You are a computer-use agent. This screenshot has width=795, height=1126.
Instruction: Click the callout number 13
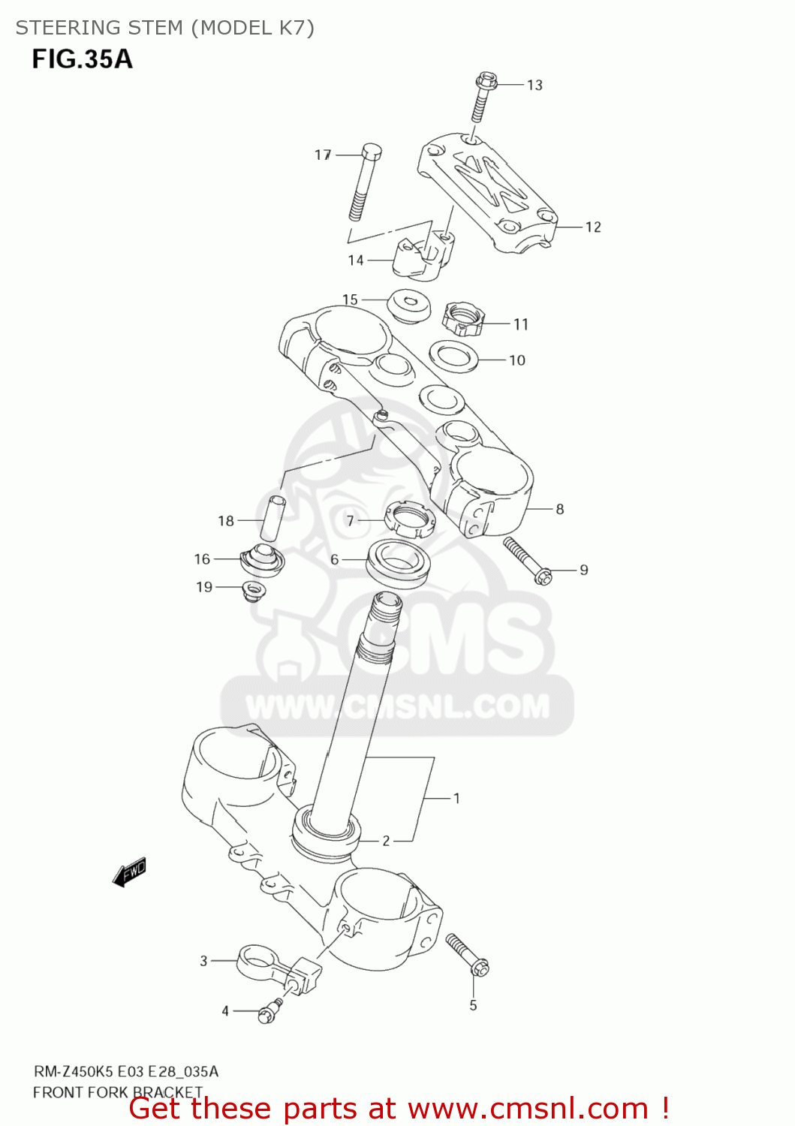coord(535,85)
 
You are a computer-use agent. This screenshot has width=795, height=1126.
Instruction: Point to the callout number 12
coord(593,227)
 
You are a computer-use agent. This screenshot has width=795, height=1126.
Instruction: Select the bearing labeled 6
coord(398,561)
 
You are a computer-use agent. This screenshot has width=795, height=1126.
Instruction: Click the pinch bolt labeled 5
coord(467,955)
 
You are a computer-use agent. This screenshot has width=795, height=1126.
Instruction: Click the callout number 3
coord(203,960)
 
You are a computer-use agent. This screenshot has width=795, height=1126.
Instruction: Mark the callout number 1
coord(456,798)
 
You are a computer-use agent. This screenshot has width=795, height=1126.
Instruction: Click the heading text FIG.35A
coord(82,59)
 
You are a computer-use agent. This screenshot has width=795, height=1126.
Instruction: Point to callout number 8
coord(560,509)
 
